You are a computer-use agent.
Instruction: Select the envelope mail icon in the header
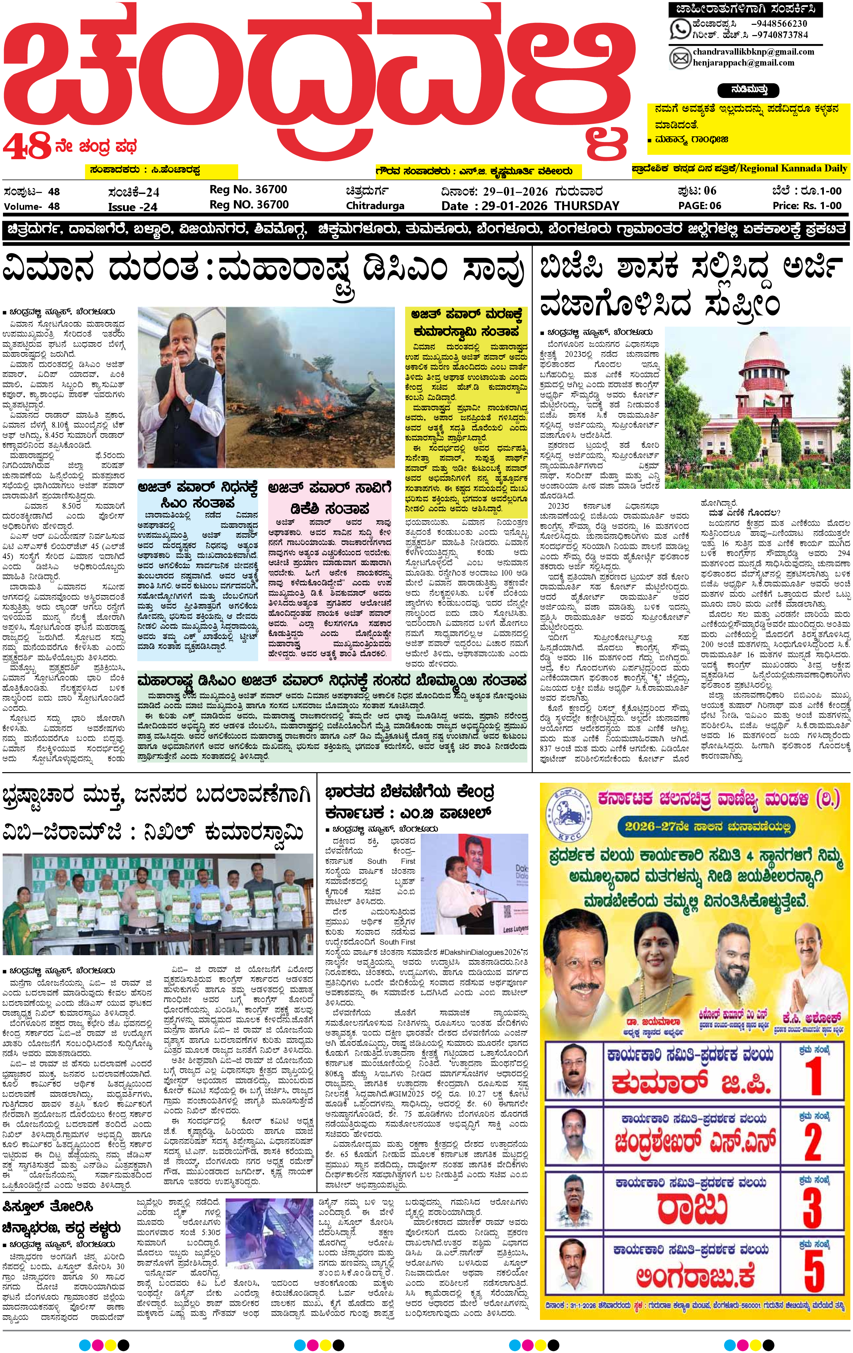coord(680,57)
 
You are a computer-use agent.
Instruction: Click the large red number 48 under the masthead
coord(27,148)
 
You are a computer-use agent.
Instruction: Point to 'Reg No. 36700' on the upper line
coord(248,189)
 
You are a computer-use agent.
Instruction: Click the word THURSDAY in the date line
coord(586,206)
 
